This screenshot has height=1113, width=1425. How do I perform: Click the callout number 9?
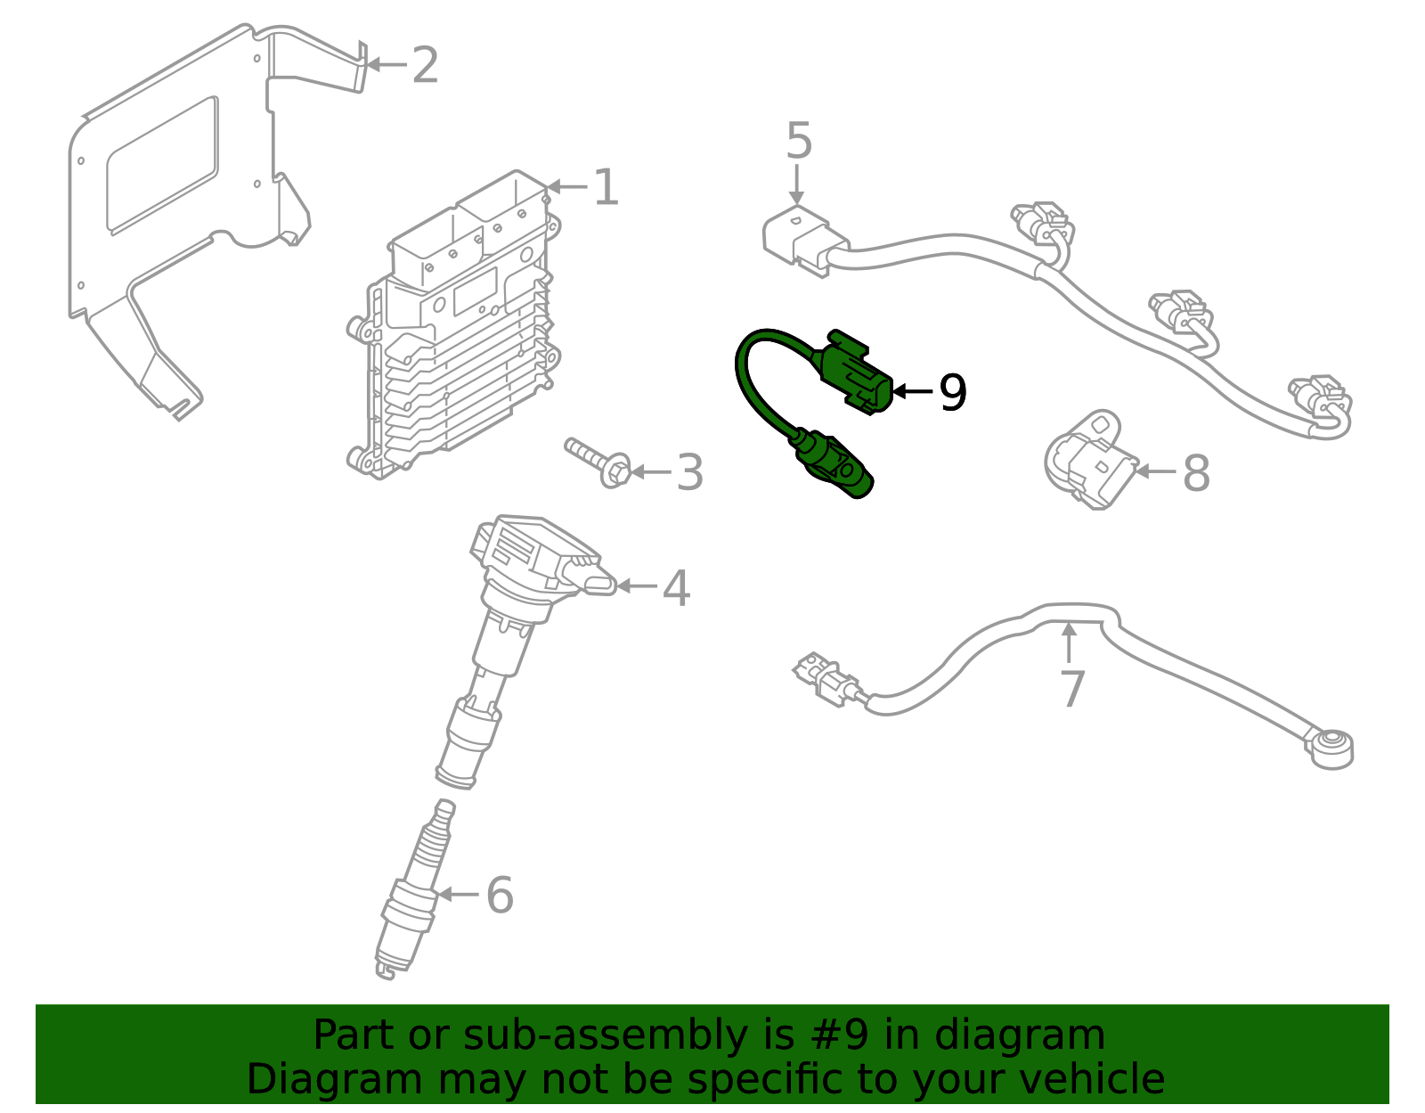(x=953, y=392)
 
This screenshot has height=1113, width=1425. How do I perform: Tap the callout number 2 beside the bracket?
(x=425, y=65)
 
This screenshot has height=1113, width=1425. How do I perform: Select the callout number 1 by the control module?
(x=606, y=187)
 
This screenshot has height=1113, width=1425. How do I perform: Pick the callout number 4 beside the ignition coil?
(x=676, y=588)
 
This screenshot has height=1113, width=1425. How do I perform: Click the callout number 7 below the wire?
(x=1072, y=689)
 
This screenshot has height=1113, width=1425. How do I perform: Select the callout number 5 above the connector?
(x=799, y=142)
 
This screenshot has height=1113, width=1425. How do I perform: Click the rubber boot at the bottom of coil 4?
(x=468, y=744)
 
